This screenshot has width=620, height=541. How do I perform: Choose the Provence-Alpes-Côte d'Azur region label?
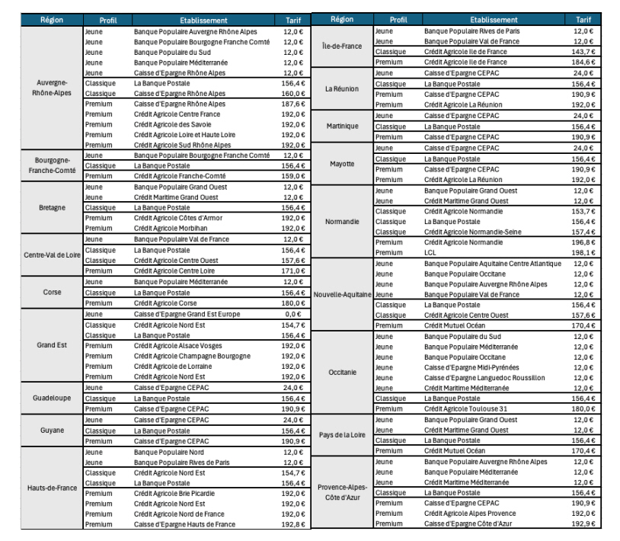click(342, 491)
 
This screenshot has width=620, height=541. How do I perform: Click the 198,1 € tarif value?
click(583, 252)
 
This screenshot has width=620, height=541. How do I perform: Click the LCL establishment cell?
click(430, 252)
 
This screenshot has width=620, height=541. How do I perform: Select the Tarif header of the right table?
click(583, 20)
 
